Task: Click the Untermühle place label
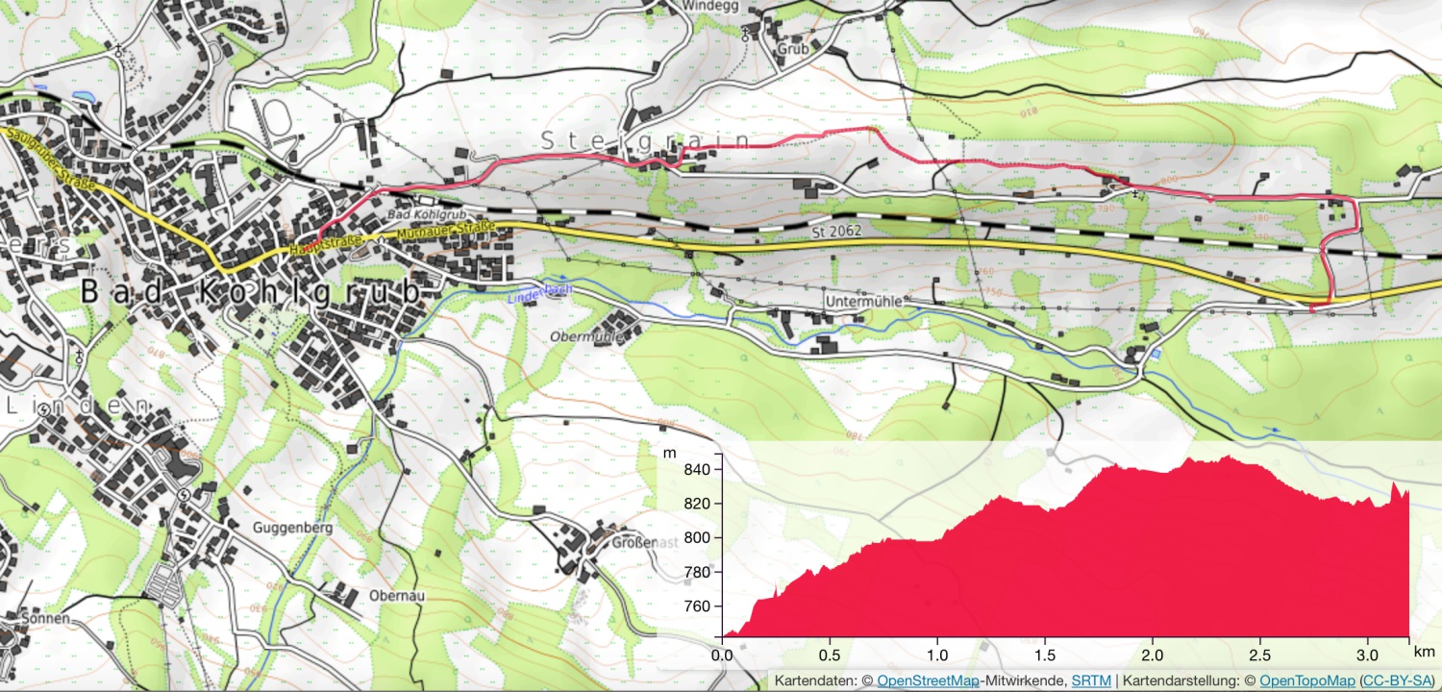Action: click(x=863, y=302)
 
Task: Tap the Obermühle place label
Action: click(x=587, y=337)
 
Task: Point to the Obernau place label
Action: click(x=397, y=595)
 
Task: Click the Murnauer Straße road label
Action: click(x=445, y=231)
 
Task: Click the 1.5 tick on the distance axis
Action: click(x=1045, y=655)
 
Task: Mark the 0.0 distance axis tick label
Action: click(x=722, y=655)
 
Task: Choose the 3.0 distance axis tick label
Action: click(x=1367, y=655)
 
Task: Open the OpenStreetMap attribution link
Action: click(x=928, y=680)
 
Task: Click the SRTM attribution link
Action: click(x=1091, y=680)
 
